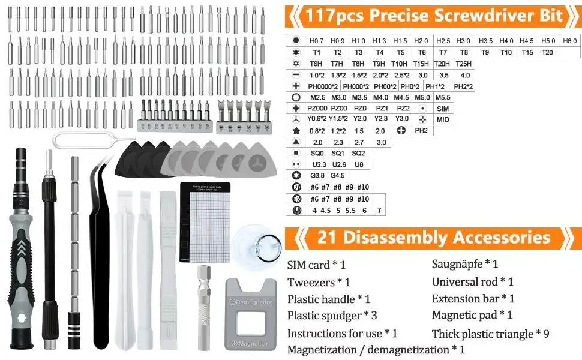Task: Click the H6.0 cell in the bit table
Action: pyautogui.click(x=569, y=41)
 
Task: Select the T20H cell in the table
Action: pyautogui.click(x=442, y=64)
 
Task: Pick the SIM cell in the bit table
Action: pyautogui.click(x=443, y=109)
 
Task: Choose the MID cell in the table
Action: pyautogui.click(x=443, y=120)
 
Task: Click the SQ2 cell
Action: pyautogui.click(x=358, y=154)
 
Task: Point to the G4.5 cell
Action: pyautogui.click(x=338, y=176)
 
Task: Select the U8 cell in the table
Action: pyautogui.click(x=358, y=164)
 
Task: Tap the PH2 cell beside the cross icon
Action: pyautogui.click(x=421, y=131)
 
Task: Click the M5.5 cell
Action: pyautogui.click(x=442, y=97)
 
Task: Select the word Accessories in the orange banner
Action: pyautogui.click(x=502, y=237)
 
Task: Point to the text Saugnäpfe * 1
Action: pyautogui.click(x=464, y=264)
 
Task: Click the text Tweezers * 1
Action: pyautogui.click(x=318, y=282)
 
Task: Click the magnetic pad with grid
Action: pyautogui.click(x=205, y=222)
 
